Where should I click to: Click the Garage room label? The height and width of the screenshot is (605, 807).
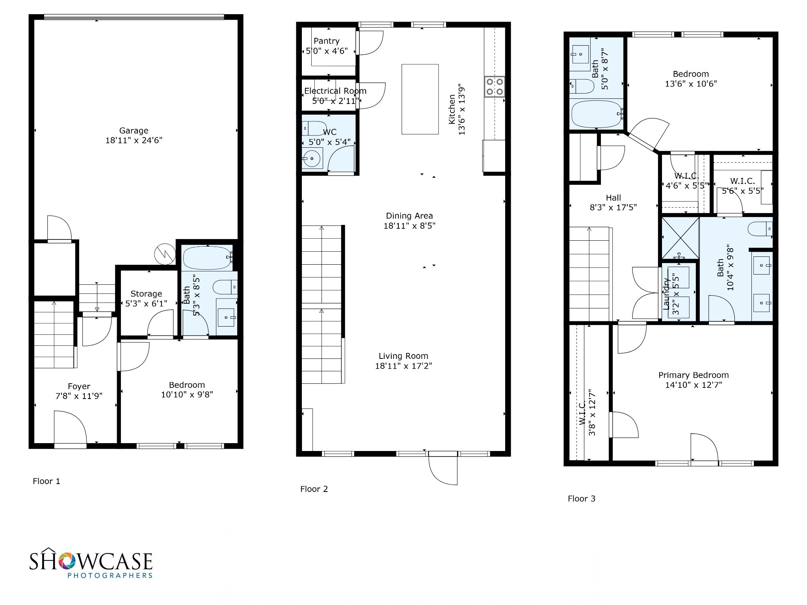[x=134, y=130]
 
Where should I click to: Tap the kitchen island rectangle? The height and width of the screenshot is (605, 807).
[x=420, y=99]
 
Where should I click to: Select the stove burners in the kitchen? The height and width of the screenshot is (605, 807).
[x=495, y=87]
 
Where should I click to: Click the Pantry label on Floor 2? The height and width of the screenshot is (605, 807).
[x=327, y=41]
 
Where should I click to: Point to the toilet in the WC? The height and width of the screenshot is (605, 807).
[x=313, y=128]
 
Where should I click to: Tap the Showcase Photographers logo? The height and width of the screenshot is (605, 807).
[x=91, y=563]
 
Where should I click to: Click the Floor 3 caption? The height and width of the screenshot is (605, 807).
[x=582, y=499]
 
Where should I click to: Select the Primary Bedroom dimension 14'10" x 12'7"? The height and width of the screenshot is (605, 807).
[x=694, y=385]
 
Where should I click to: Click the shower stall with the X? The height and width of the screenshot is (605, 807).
[x=680, y=238]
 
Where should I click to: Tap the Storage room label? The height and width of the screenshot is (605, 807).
[x=146, y=294]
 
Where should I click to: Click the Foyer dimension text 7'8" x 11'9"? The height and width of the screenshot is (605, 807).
[x=79, y=396]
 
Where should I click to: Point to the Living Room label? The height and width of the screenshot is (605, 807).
[x=403, y=356]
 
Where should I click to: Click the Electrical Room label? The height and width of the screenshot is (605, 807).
[x=335, y=91]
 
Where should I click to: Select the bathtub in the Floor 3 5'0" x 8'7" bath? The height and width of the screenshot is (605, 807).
[x=597, y=113]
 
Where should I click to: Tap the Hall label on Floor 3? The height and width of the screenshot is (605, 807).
[x=614, y=198]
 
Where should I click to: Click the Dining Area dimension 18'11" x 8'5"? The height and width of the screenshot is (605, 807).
[x=409, y=226]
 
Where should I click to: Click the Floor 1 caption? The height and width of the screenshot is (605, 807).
[x=46, y=481]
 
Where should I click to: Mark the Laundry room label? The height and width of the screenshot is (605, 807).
[x=666, y=293]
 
